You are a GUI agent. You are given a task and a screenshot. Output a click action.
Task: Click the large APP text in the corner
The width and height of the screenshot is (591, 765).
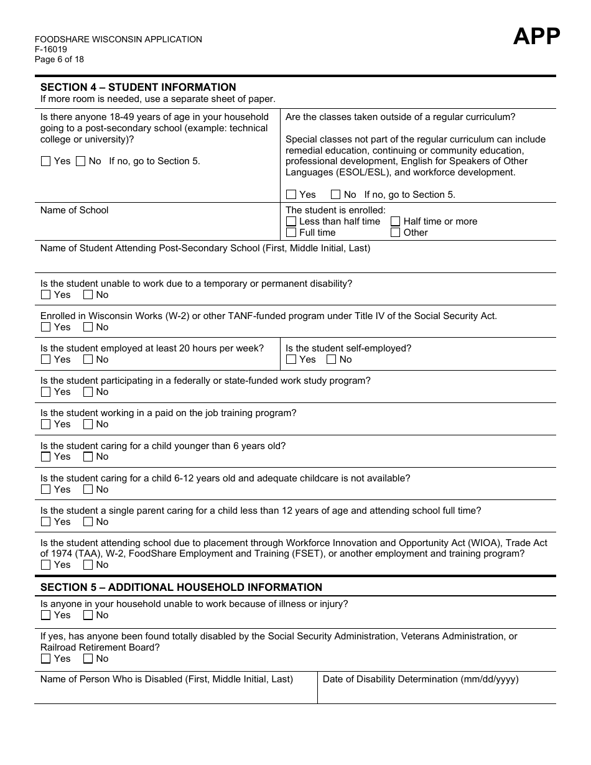tap(536, 37)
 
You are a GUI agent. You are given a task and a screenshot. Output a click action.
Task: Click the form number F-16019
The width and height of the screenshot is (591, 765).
tap(51, 50)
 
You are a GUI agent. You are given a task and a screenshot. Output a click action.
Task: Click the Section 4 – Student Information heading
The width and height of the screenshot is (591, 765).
tap(138, 87)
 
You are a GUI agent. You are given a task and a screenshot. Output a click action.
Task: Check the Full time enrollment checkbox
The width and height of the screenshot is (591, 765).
tap(291, 233)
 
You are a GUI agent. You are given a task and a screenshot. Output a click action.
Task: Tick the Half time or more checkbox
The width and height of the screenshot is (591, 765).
tap(396, 221)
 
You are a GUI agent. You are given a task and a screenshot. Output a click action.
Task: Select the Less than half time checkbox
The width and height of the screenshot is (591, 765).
tap(291, 221)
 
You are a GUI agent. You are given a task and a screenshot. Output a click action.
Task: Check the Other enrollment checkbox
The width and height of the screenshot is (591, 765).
tap(396, 233)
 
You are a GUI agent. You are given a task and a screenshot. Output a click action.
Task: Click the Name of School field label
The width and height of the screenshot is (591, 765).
tap(74, 210)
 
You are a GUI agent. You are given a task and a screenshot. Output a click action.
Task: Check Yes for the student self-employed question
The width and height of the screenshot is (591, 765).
tap(291, 359)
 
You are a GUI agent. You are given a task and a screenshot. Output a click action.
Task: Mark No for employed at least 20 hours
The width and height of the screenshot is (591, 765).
tap(88, 359)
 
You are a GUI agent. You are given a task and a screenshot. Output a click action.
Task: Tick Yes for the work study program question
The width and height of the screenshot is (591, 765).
tap(45, 392)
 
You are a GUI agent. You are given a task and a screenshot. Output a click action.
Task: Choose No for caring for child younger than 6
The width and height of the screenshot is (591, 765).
tap(88, 457)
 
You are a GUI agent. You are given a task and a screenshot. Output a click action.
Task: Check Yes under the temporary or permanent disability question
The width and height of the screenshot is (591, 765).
tap(45, 295)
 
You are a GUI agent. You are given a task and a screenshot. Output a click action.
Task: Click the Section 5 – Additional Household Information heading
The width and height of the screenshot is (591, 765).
tap(181, 587)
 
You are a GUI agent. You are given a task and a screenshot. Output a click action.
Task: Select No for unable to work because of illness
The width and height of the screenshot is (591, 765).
tap(88, 615)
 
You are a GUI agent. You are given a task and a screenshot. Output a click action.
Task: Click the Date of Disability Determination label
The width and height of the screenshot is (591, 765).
tap(421, 679)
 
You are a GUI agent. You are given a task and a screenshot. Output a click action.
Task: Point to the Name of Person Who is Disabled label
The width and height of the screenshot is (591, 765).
tap(166, 679)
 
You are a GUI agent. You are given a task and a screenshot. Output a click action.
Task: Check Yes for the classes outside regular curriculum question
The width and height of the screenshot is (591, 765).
tap(291, 195)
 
